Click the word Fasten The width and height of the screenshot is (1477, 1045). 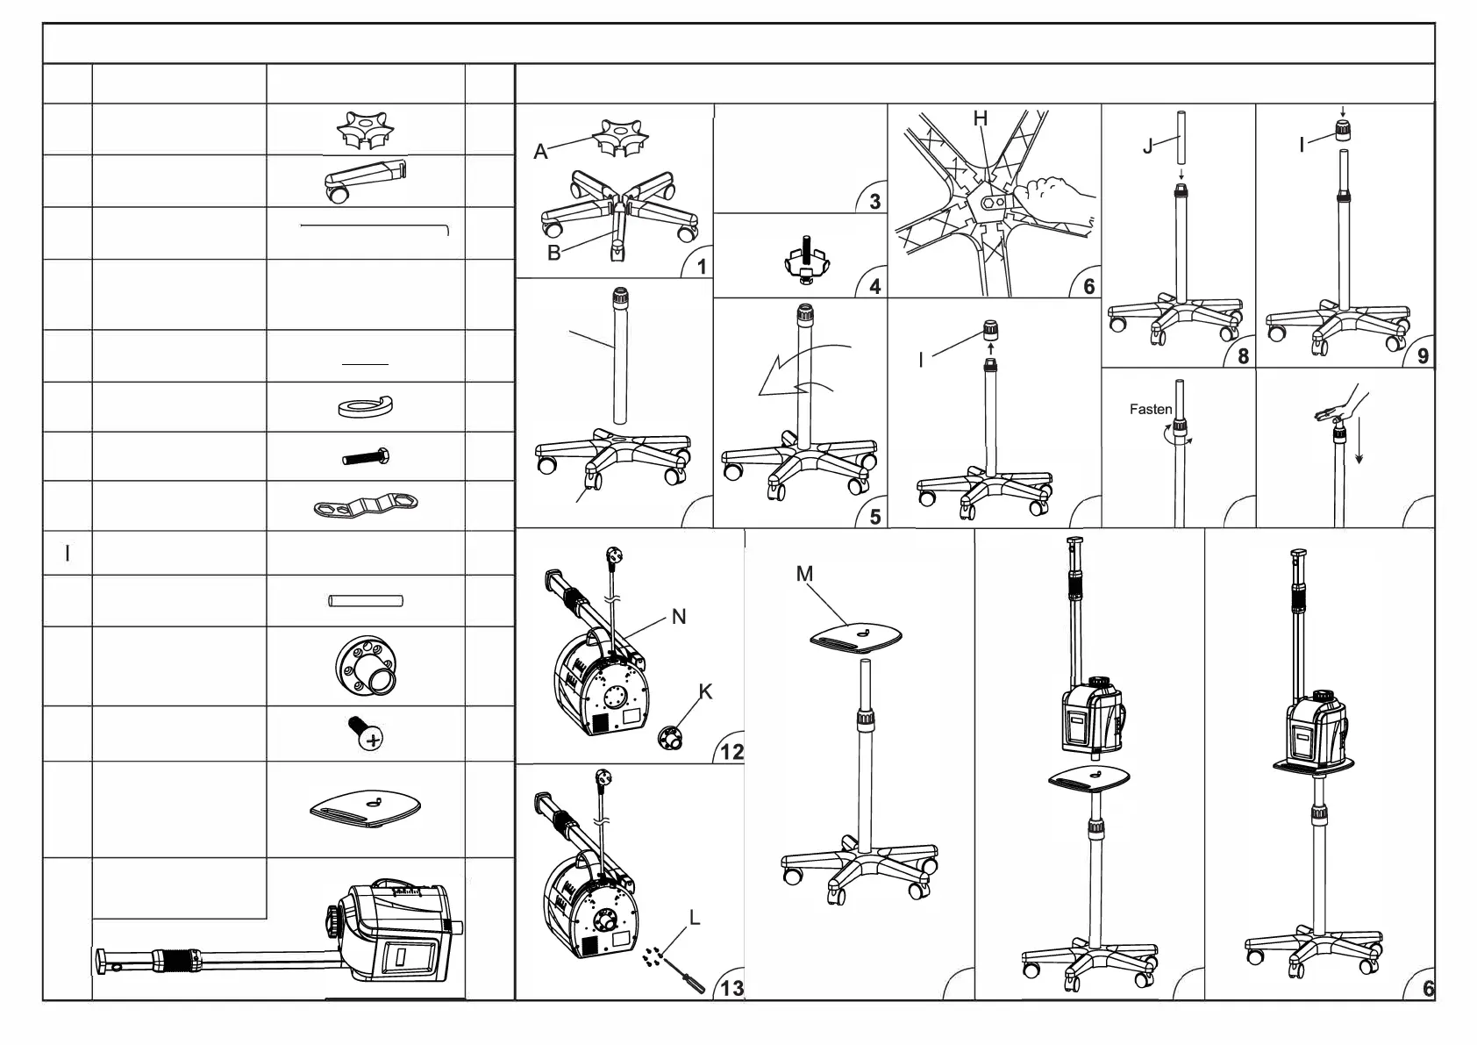1150,409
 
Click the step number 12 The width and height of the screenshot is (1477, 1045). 731,752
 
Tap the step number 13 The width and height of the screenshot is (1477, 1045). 731,989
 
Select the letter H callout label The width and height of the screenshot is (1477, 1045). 981,118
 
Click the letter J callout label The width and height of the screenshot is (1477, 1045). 1148,147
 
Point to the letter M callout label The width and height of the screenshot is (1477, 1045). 804,574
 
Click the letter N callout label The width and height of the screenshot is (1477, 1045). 678,617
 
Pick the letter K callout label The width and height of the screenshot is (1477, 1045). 705,692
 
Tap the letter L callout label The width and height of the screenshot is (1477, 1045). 695,919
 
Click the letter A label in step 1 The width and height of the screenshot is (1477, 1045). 541,153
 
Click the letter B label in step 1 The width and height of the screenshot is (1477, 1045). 553,254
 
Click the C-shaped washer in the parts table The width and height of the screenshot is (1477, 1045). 365,407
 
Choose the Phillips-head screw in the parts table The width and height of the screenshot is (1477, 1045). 367,733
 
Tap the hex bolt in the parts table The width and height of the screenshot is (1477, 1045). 366,457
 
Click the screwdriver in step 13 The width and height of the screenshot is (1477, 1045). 688,977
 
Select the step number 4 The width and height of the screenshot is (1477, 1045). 874,287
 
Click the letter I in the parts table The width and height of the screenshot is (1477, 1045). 68,554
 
